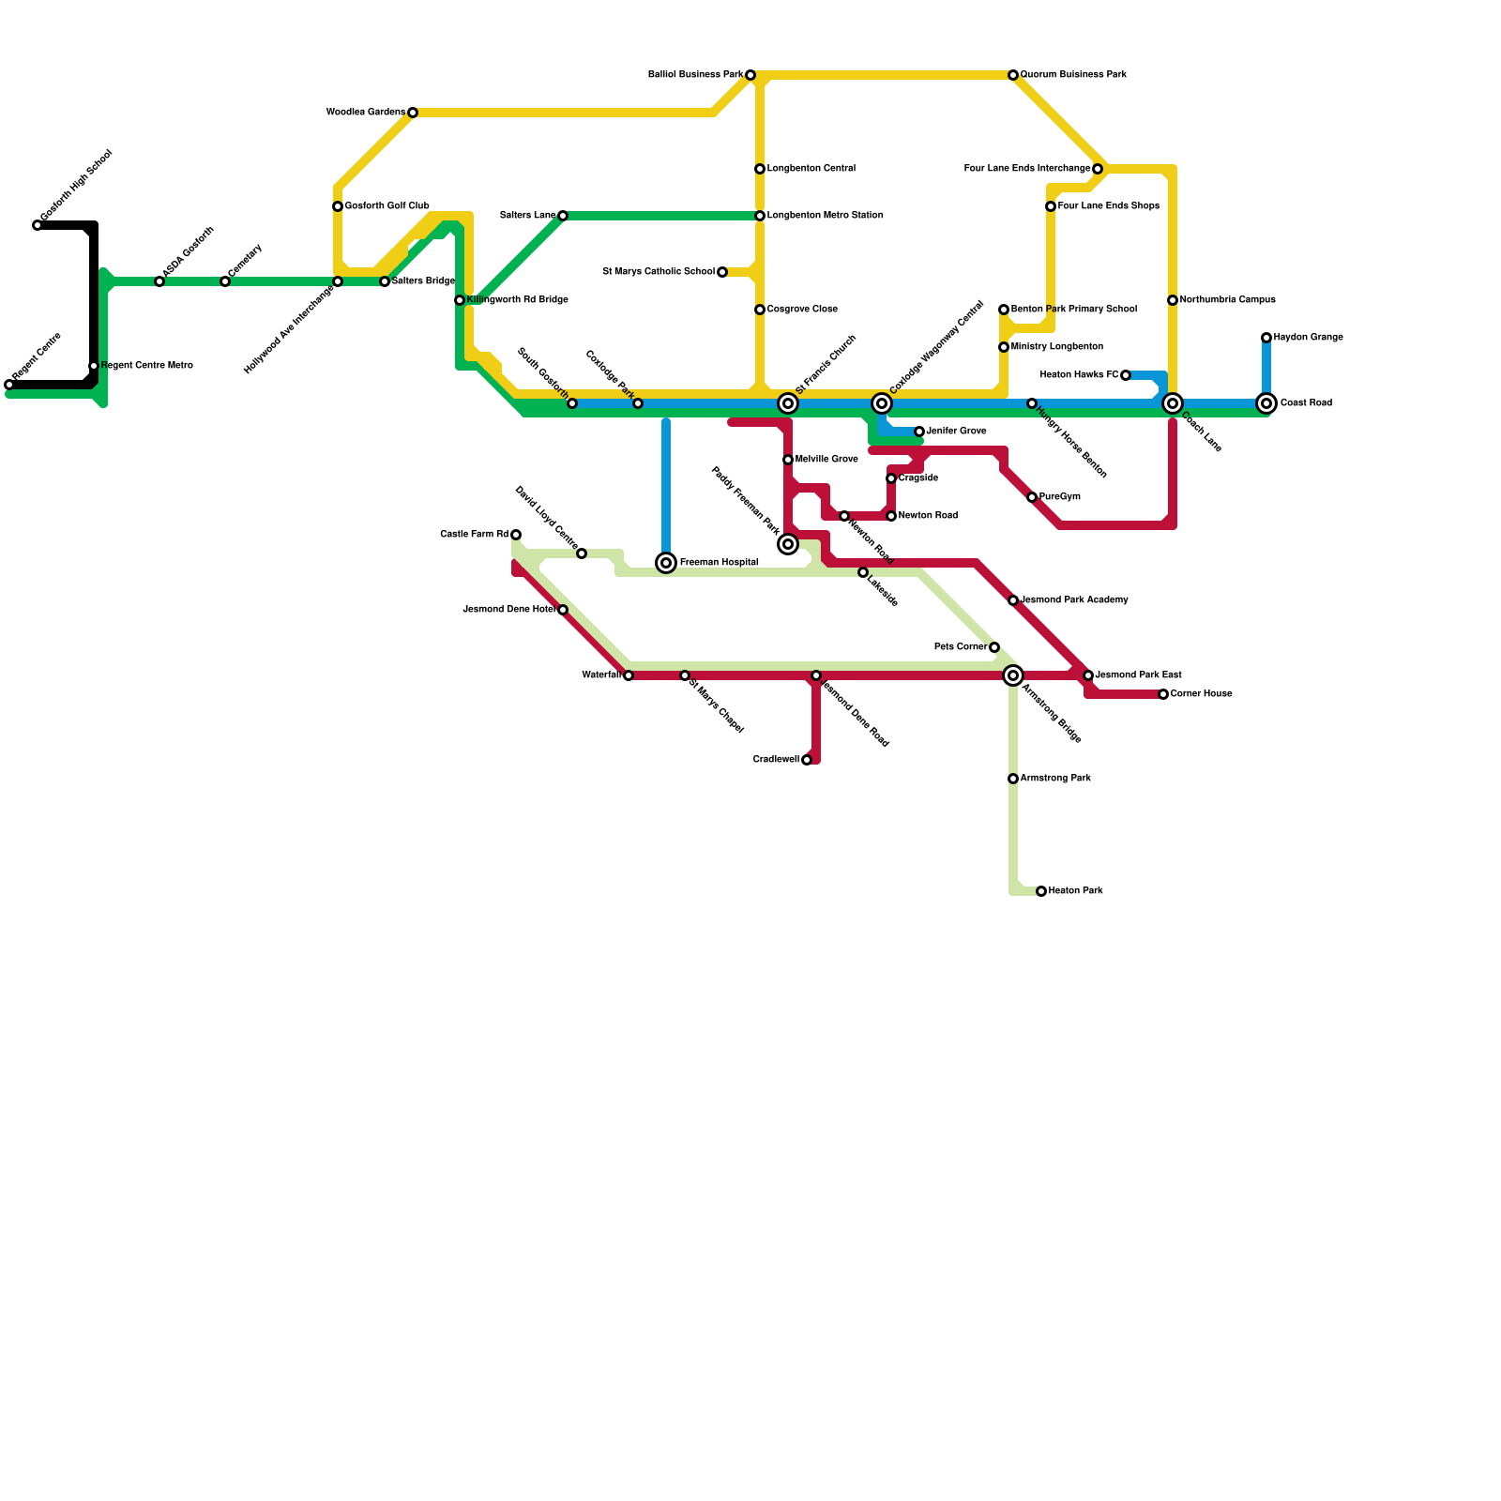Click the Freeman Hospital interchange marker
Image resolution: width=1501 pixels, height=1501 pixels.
click(x=666, y=563)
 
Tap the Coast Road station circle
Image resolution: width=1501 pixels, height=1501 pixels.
click(x=1266, y=403)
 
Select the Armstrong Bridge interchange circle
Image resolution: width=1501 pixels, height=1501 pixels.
click(x=1013, y=675)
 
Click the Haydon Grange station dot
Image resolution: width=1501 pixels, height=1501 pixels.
click(x=1266, y=338)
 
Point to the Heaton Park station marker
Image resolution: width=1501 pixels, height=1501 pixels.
click(x=1041, y=891)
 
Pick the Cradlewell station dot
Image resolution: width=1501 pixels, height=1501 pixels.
click(x=807, y=760)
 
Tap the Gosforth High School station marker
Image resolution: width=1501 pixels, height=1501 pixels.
click(x=38, y=225)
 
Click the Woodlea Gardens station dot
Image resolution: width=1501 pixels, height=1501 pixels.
click(x=413, y=113)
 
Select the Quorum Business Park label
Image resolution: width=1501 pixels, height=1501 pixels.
click(x=1073, y=75)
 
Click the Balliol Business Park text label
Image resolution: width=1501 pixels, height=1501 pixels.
click(x=695, y=75)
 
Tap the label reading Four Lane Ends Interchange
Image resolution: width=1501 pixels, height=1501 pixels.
click(x=1027, y=169)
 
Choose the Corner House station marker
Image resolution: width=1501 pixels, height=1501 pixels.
click(x=1163, y=694)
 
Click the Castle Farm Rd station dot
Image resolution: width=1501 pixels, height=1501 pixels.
click(x=516, y=535)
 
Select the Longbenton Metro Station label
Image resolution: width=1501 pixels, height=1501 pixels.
click(x=825, y=216)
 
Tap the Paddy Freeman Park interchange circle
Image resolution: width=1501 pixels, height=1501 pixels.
click(x=788, y=544)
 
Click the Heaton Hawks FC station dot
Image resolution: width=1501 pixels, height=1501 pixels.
click(x=1126, y=375)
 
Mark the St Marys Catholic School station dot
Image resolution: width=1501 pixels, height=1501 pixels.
click(x=722, y=272)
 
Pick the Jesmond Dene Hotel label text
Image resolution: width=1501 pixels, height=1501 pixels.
click(x=509, y=610)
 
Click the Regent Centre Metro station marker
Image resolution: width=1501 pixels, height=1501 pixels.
click(x=94, y=366)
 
